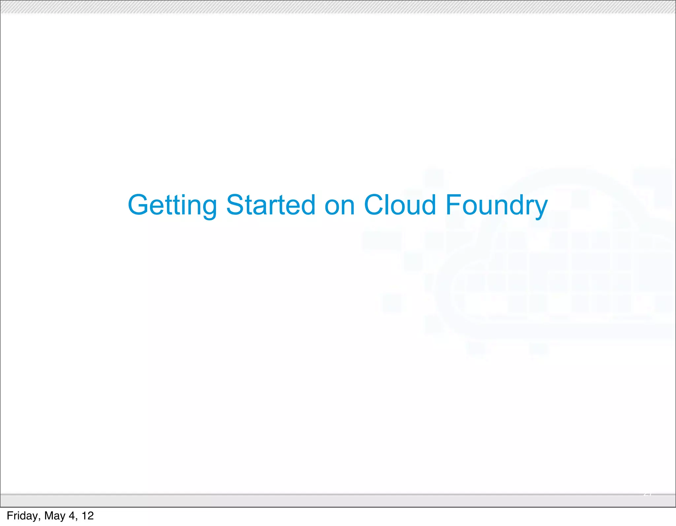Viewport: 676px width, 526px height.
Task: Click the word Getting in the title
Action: [172, 205]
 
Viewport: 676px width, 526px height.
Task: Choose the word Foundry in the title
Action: [496, 205]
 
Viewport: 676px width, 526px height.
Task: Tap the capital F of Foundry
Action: [453, 205]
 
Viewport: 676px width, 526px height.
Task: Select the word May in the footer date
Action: [55, 516]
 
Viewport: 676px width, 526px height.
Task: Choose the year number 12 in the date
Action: [88, 516]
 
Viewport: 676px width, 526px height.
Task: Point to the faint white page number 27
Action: [648, 494]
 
